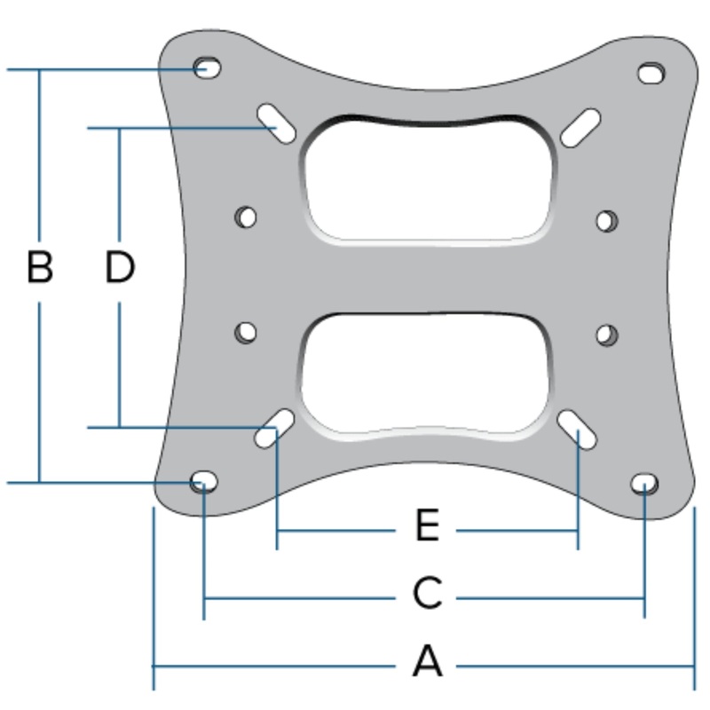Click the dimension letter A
click(427, 662)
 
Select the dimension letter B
click(39, 267)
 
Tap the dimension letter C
click(427, 594)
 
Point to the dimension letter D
click(119, 267)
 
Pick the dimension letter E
click(427, 526)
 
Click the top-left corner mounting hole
click(207, 67)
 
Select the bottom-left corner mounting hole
click(203, 482)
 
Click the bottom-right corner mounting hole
click(644, 483)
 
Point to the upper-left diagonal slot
click(278, 124)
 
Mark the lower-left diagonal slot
click(275, 428)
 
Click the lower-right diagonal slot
click(577, 429)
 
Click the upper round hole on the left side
click(246, 217)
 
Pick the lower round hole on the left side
click(246, 333)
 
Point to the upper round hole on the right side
click(607, 220)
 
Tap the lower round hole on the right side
click(607, 335)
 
